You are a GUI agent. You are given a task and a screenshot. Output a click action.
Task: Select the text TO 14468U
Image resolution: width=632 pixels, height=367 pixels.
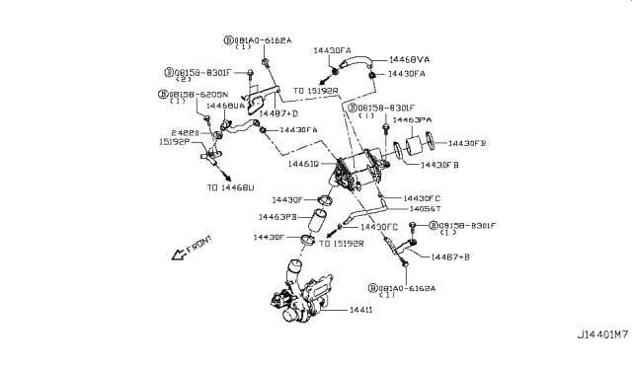click(230, 186)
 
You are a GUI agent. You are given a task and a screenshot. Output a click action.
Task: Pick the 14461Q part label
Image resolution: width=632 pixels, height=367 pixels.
click(304, 165)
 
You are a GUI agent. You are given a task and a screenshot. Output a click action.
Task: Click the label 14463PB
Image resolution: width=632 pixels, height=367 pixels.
click(278, 215)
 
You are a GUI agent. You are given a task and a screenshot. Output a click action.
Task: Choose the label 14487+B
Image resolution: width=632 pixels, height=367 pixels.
click(449, 257)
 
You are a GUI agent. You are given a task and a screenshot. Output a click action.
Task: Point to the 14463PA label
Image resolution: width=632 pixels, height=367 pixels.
click(413, 119)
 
